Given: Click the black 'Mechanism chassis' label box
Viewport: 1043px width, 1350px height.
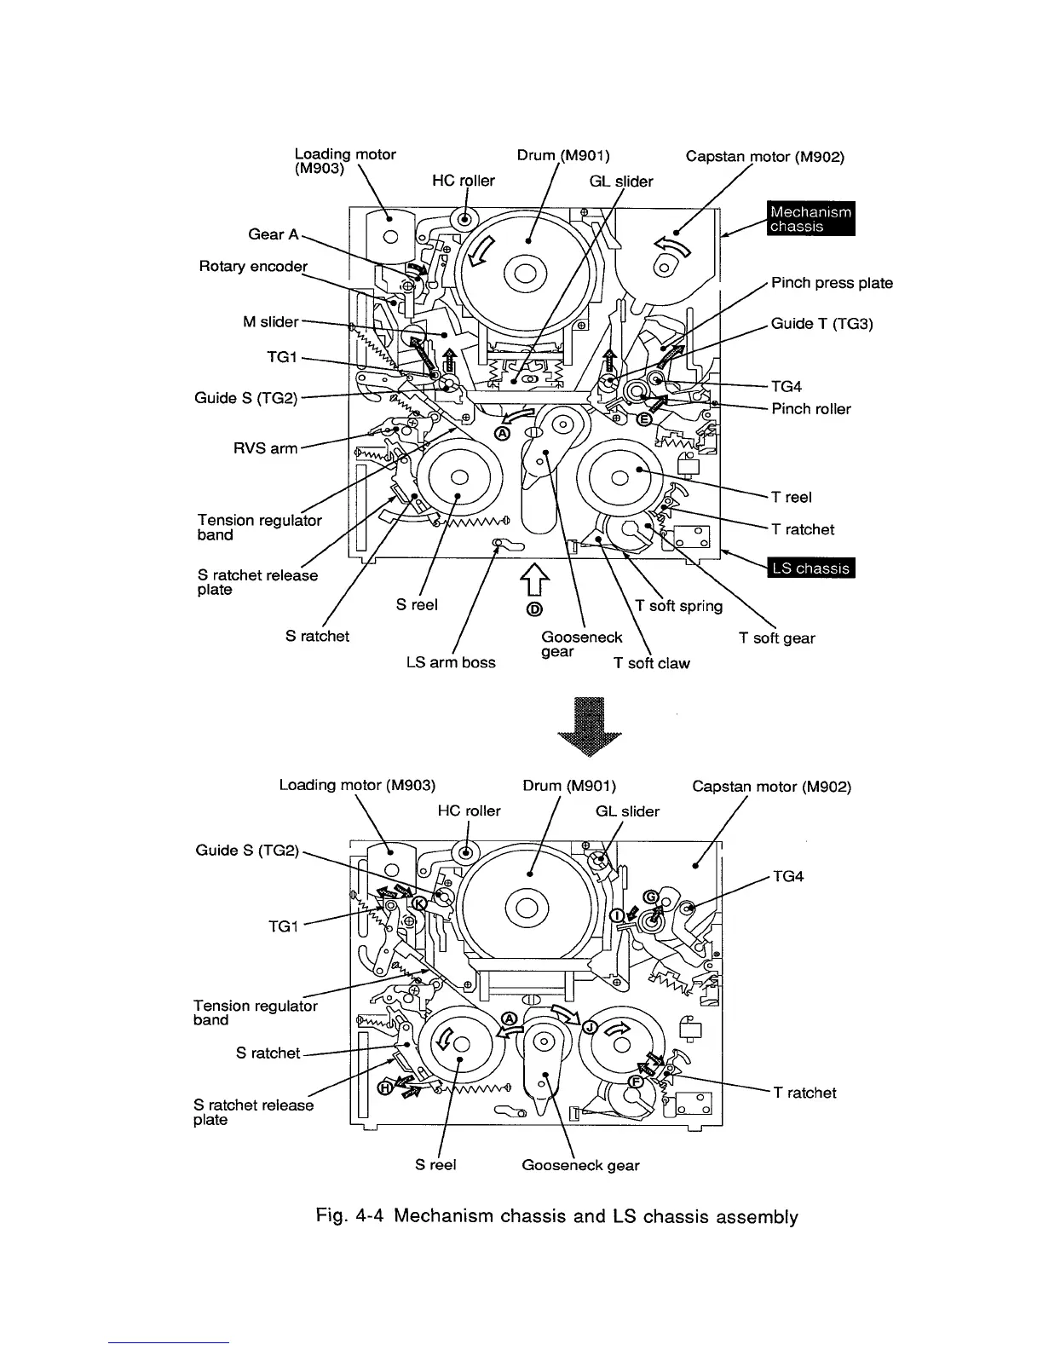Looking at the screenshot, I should (810, 219).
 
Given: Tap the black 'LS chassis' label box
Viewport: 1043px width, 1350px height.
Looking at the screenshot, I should (811, 568).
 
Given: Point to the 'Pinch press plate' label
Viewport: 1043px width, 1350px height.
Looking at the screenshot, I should (832, 283).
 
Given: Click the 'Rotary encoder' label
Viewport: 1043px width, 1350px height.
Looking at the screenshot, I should (252, 266).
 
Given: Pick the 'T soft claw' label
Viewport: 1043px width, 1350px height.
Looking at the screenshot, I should (652, 663).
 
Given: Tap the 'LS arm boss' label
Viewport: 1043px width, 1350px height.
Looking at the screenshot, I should (451, 662).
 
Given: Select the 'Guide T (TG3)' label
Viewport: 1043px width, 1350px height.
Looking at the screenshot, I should (821, 324).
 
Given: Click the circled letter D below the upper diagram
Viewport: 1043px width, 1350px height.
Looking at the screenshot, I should (534, 609).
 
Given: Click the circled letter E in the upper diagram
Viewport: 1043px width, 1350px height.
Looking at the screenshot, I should (645, 419).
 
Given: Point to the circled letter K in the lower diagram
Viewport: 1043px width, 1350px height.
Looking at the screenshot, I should (419, 905).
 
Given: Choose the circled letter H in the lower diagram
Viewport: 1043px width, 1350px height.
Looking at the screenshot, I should (386, 1087).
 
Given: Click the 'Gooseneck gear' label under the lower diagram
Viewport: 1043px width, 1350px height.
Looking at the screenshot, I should (580, 1165).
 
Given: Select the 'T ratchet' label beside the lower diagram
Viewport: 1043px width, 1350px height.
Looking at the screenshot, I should (804, 1093).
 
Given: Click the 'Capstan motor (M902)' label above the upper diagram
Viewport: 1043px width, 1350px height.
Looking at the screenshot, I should (764, 157).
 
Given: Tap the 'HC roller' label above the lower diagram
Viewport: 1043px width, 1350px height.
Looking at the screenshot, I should (469, 811).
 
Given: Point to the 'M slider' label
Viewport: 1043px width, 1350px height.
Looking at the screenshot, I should (271, 321).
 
